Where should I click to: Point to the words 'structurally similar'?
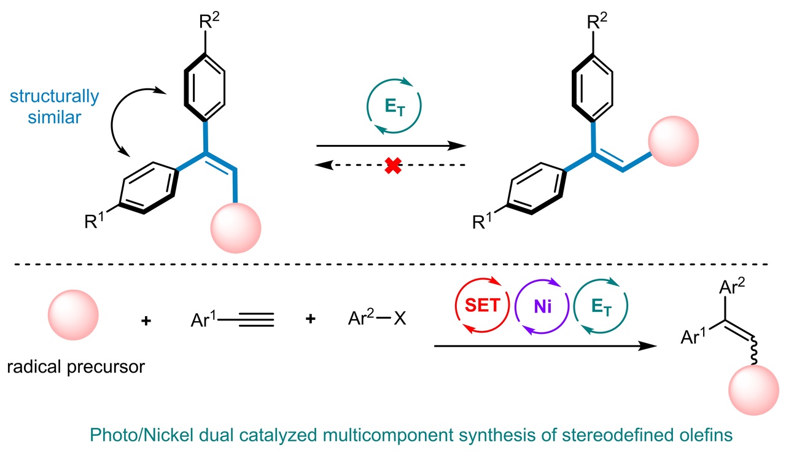coord(53,106)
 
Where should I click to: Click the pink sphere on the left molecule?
coord(235,228)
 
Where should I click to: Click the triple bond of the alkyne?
coord(251,320)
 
